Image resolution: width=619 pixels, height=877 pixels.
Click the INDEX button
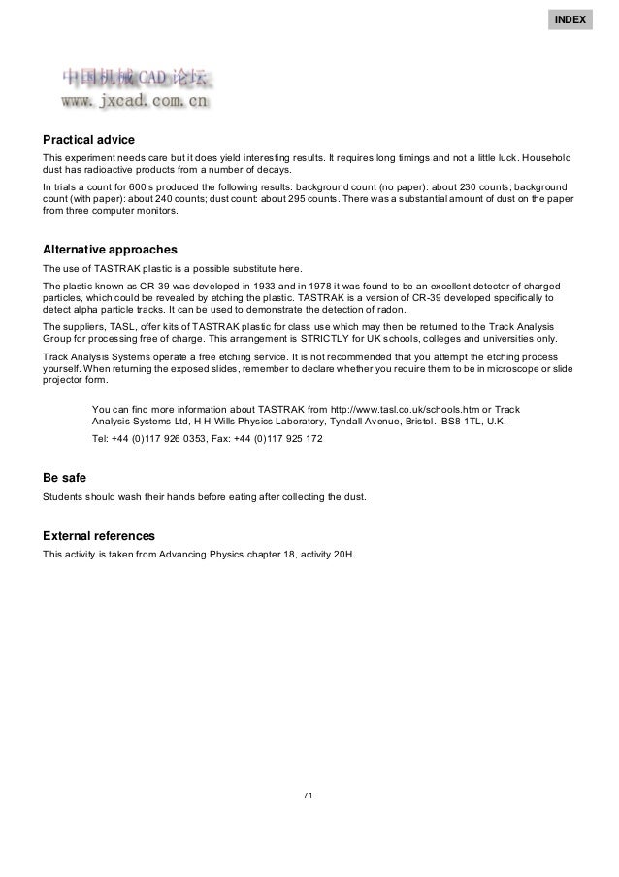point(570,19)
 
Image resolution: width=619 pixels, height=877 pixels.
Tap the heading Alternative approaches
point(109,250)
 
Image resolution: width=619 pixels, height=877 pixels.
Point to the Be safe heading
point(64,478)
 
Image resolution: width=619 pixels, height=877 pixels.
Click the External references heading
point(99,536)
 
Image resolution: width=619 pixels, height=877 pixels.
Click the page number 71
point(309,796)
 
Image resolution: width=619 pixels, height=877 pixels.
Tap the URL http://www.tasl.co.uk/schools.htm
point(414,408)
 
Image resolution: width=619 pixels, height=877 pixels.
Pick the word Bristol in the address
point(409,423)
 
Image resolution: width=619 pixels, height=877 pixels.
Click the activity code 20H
point(342,556)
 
